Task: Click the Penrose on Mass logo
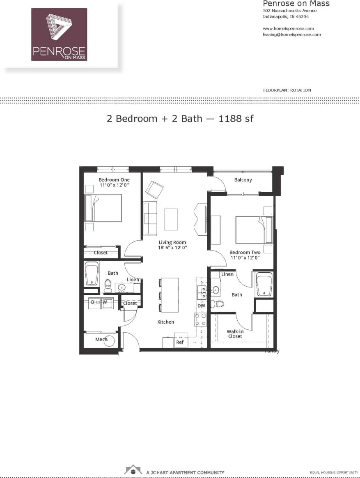[x=59, y=34]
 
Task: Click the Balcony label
[x=243, y=180]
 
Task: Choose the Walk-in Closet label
[x=235, y=333]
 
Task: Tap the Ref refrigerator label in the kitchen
[x=180, y=342]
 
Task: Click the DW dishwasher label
[x=201, y=306]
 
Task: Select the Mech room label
[x=101, y=339]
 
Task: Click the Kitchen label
[x=165, y=322]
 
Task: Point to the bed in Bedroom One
[x=103, y=208]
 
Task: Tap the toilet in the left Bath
[x=108, y=285]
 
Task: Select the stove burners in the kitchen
[x=200, y=319]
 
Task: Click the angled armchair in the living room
[x=154, y=189]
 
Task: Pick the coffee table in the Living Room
[x=171, y=219]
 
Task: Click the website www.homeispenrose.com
[x=288, y=28]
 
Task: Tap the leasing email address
[x=291, y=34]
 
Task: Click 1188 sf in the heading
[x=236, y=119]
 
